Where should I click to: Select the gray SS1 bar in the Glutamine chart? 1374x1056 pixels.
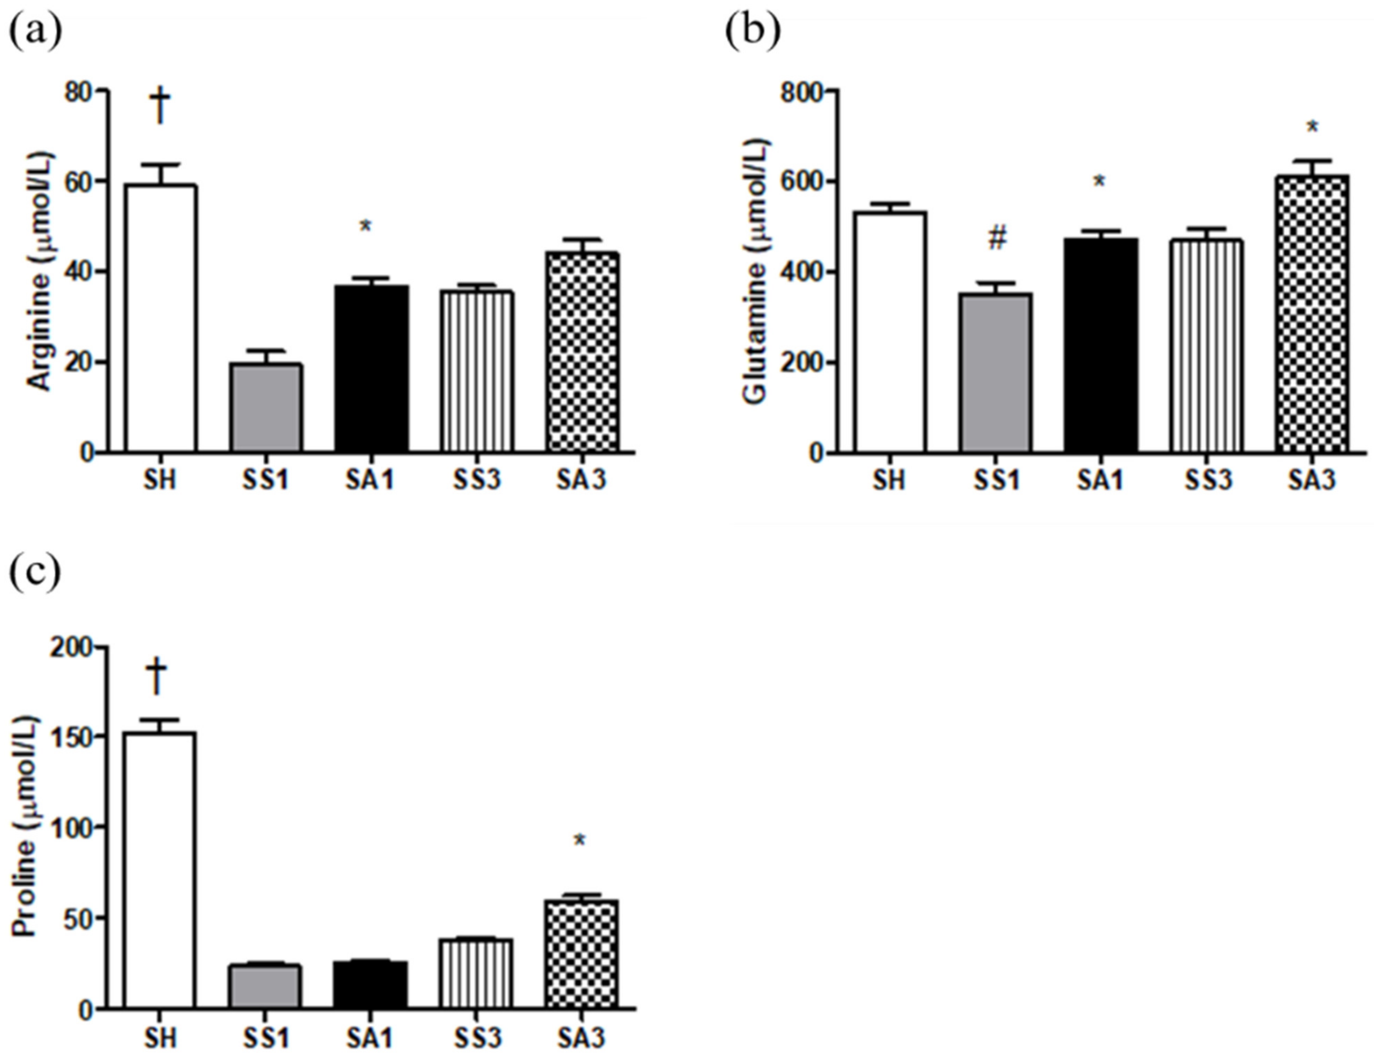point(996,372)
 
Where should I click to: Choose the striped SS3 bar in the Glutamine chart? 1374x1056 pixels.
point(1206,346)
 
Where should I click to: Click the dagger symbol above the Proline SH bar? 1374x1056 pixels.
point(157,676)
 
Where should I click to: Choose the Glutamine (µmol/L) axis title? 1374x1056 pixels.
point(757,271)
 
